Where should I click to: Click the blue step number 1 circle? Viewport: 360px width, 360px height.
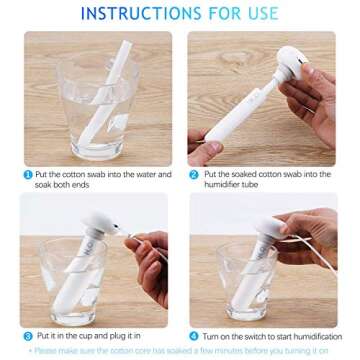point(28,174)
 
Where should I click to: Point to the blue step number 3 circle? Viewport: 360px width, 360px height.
point(28,335)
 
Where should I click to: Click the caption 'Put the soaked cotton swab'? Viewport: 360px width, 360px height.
point(264,174)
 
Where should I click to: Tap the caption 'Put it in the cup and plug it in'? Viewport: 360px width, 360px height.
point(95,335)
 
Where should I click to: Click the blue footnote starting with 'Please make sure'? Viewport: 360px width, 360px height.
point(180,351)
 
